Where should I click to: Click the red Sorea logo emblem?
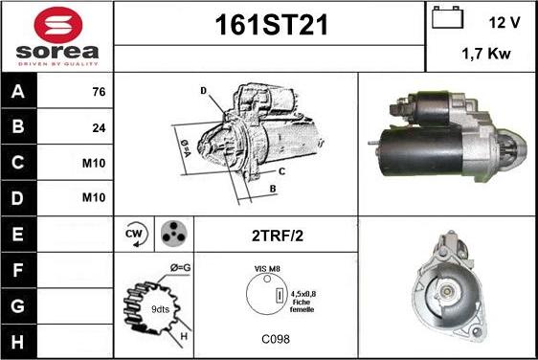click(58, 25)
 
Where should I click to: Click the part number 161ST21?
click(272, 25)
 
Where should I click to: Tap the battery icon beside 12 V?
click(447, 17)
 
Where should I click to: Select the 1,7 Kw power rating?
click(486, 54)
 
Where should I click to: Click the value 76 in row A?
click(99, 92)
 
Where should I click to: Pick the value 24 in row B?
click(99, 128)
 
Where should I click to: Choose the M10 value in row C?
click(94, 163)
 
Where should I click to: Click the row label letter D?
click(17, 198)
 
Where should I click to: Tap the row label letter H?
click(17, 342)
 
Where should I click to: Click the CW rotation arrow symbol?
click(136, 234)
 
